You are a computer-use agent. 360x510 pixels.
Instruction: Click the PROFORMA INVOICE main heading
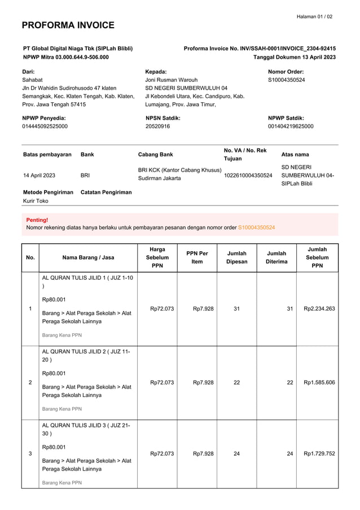pyautogui.click(x=68, y=25)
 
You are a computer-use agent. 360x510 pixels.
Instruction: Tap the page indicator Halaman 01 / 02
pyautogui.click(x=314, y=16)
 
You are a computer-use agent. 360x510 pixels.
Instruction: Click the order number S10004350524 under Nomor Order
pyautogui.click(x=286, y=80)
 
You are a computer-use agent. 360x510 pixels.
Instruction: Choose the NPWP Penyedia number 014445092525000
pyautogui.click(x=45, y=127)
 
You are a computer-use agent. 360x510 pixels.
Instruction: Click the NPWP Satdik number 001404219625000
pyautogui.click(x=291, y=127)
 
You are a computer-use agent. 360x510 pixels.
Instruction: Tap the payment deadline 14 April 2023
pyautogui.click(x=39, y=176)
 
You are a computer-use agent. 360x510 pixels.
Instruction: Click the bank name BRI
pyautogui.click(x=86, y=176)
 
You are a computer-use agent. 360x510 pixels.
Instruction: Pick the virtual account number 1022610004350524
pyautogui.click(x=248, y=176)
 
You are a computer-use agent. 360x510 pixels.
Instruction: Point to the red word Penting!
pyautogui.click(x=37, y=220)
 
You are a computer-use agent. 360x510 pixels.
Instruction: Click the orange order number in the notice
pyautogui.click(x=257, y=227)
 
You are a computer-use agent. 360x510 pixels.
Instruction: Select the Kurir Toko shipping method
pyautogui.click(x=36, y=200)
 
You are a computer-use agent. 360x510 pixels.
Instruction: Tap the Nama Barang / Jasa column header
pyautogui.click(x=88, y=258)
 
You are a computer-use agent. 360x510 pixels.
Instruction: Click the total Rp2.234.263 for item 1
pyautogui.click(x=319, y=308)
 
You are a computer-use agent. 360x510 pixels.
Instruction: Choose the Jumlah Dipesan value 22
pyautogui.click(x=236, y=382)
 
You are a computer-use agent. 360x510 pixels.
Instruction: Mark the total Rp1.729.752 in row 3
pyautogui.click(x=319, y=453)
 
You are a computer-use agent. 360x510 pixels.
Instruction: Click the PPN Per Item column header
pyautogui.click(x=197, y=258)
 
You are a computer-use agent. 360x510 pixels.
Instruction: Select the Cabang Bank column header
pyautogui.click(x=156, y=154)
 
